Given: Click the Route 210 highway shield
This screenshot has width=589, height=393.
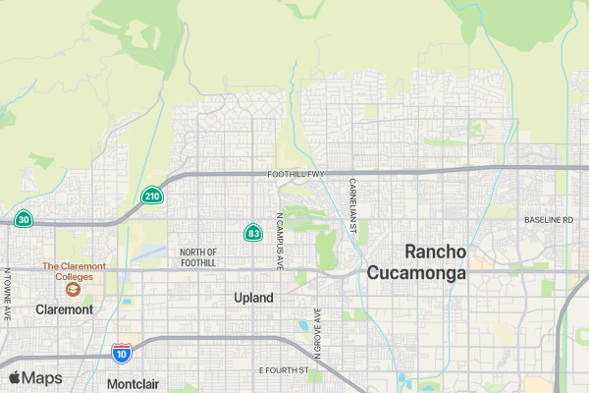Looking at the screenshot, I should [152, 196].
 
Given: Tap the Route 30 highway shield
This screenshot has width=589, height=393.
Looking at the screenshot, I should [24, 219].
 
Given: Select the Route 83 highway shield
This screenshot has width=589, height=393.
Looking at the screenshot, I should [253, 233].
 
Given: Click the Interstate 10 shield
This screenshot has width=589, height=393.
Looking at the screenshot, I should [121, 353].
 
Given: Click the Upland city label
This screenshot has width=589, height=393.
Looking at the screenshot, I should [253, 297].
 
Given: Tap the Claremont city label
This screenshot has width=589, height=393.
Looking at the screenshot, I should [64, 309].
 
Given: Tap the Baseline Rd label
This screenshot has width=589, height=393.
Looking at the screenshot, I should [548, 219].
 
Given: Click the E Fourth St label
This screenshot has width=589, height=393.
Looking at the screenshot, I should [283, 370].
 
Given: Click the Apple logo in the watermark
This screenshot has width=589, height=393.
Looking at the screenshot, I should [15, 377].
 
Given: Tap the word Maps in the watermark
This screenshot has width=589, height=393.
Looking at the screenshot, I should [42, 378].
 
